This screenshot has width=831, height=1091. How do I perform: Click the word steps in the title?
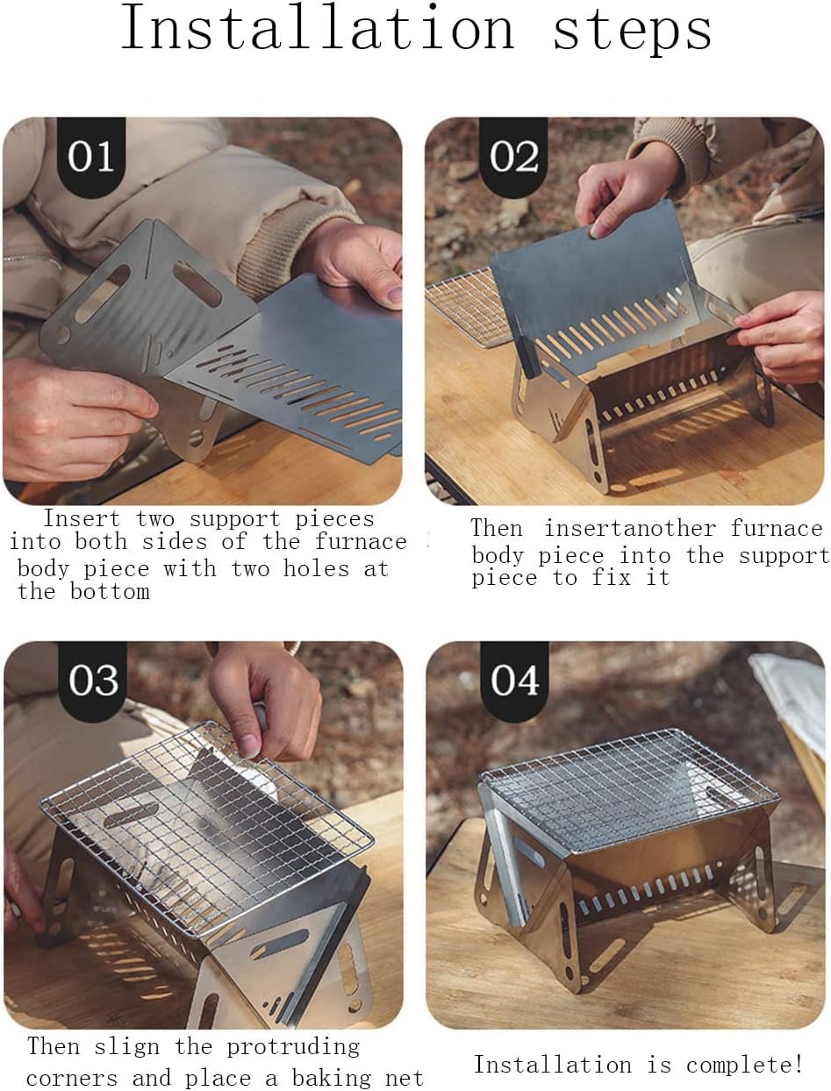click(632, 31)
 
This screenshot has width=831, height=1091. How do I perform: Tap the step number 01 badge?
click(91, 158)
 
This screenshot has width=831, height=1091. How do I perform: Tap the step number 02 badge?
click(513, 158)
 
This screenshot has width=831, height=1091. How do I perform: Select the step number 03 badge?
click(93, 681)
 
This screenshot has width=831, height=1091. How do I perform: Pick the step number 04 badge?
click(515, 681)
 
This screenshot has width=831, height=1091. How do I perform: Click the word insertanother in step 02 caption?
click(630, 528)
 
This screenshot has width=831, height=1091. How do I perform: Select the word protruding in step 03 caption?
click(293, 1048)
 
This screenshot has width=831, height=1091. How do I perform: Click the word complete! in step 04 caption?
click(744, 1065)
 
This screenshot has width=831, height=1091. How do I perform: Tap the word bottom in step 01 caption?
click(110, 591)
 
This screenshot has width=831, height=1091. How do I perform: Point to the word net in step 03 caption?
click(404, 1078)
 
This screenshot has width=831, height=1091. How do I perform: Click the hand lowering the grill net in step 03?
click(266, 698)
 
